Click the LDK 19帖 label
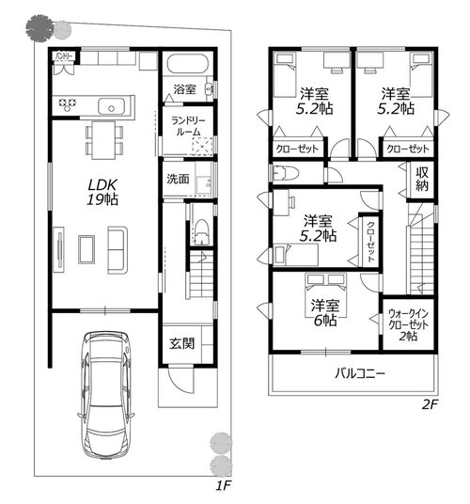102,192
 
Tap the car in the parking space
105,394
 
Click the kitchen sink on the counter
111,106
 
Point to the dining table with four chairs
103,140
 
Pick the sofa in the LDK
117,250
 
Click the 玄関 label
181,343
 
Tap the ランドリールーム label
188,126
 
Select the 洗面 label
178,179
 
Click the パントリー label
64,56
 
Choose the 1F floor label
223,485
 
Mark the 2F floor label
430,404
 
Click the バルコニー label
359,373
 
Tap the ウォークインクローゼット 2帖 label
408,324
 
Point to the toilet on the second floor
286,174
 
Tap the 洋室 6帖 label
325,313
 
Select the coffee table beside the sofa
86,250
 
